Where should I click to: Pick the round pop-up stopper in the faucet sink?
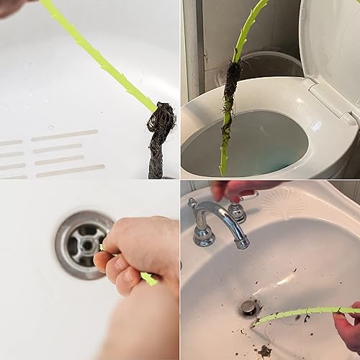[249, 308]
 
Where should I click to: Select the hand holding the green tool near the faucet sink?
[348, 328]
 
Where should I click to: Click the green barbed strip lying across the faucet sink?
[302, 314]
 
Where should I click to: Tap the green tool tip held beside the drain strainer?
[149, 278]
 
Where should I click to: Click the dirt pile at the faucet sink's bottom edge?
[264, 351]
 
